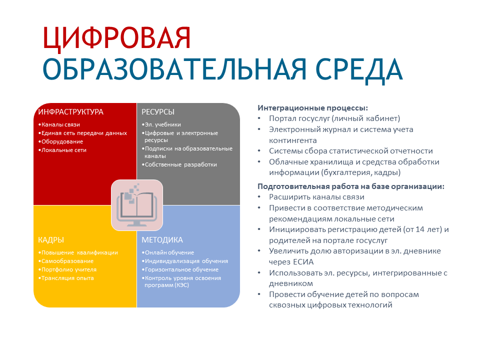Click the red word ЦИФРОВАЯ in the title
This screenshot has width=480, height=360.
pyautogui.click(x=116, y=38)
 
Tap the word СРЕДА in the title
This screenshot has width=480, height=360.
pyautogui.click(x=359, y=70)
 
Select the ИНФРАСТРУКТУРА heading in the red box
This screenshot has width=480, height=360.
pyautogui.click(x=70, y=112)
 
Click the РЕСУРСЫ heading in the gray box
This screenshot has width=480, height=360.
pyautogui.click(x=158, y=112)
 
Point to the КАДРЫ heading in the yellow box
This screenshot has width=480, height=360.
pyautogui.click(x=51, y=240)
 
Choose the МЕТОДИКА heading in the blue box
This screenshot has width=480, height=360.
pyautogui.click(x=162, y=240)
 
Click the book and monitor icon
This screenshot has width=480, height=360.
pyautogui.click(x=137, y=205)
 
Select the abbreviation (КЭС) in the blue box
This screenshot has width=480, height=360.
pyautogui.click(x=182, y=285)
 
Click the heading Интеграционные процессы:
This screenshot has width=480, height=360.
pyautogui.click(x=312, y=108)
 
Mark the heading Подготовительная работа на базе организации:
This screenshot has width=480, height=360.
pyautogui.click(x=351, y=186)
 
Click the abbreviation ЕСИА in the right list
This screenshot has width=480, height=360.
pyautogui.click(x=303, y=262)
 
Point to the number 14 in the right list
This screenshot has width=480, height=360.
pyautogui.click(x=420, y=229)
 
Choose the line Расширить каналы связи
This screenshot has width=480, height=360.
pyautogui.click(x=316, y=197)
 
